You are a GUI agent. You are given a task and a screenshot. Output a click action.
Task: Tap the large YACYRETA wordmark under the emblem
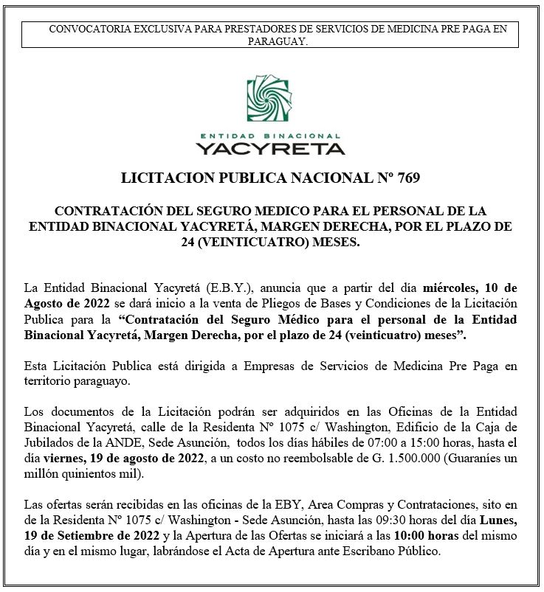tap(271, 148)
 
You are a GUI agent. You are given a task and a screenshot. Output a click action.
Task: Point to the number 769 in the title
tap(407, 178)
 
